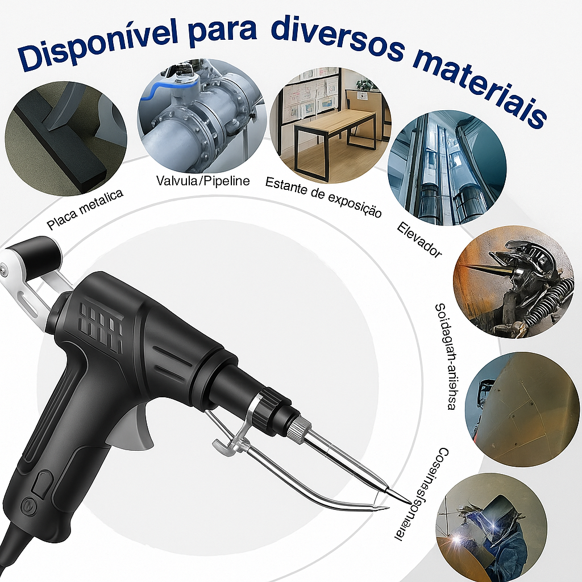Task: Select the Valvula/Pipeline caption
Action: [x=203, y=181]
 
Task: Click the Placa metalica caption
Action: [x=85, y=210]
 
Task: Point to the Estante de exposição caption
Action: [x=323, y=197]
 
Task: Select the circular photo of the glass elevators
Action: [x=447, y=168]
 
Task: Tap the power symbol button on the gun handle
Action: [x=28, y=504]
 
